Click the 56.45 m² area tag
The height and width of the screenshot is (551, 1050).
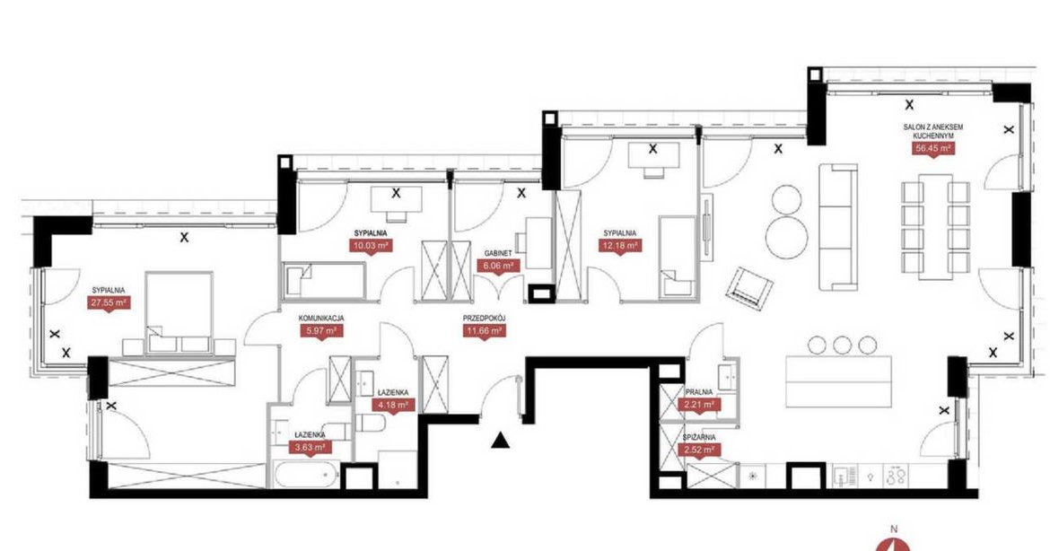point(932,149)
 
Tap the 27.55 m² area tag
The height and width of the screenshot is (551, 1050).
point(109,302)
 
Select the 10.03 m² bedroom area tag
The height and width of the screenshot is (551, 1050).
point(372,246)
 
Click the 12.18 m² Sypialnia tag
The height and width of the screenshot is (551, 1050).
point(619,246)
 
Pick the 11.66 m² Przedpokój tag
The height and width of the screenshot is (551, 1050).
point(484,331)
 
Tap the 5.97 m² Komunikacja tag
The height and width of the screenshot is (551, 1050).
point(321,331)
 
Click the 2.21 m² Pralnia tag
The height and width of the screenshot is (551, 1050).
point(699,405)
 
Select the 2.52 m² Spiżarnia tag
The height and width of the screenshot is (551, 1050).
point(699,450)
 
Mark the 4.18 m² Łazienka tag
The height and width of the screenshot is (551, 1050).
point(394,405)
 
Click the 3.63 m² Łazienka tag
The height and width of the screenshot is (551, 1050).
point(310,447)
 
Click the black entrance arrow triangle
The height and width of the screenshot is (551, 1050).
point(500,441)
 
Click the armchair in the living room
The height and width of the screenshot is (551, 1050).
point(749,288)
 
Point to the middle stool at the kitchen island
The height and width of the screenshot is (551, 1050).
point(842,345)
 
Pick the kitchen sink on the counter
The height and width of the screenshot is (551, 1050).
point(842,477)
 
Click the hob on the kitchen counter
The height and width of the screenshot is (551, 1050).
point(896,477)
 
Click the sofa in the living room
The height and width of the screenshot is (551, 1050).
point(838,226)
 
